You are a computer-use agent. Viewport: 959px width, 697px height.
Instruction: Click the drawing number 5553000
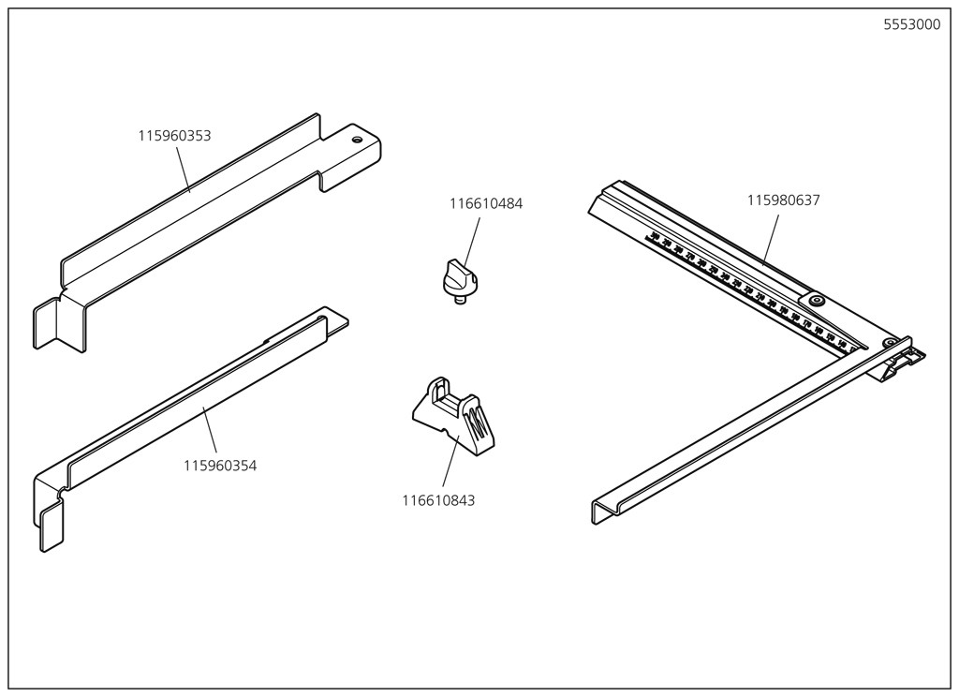(x=911, y=25)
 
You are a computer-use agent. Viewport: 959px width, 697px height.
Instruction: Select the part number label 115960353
(x=174, y=136)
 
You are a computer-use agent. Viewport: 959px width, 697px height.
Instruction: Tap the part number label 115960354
(x=220, y=466)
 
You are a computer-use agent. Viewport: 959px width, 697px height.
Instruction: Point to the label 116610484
(x=486, y=203)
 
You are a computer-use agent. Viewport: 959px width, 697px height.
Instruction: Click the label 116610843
(x=438, y=500)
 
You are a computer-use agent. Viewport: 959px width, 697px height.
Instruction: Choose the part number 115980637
(x=783, y=200)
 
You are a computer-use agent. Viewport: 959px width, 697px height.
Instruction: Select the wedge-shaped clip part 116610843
(x=452, y=416)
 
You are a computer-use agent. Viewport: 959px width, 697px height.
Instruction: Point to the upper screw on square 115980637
(x=817, y=300)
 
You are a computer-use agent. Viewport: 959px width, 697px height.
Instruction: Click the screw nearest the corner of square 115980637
(x=888, y=343)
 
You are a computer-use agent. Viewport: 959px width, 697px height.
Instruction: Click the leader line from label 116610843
(x=449, y=463)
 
